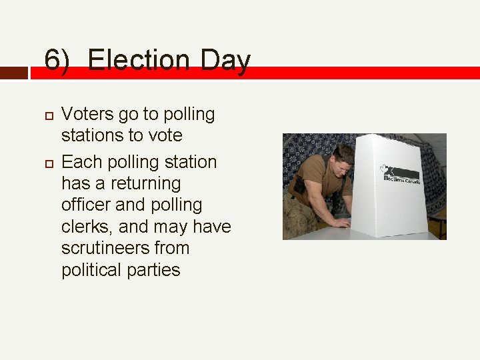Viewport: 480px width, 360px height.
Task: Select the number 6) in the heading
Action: click(x=57, y=61)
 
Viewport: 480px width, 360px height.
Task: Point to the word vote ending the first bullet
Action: click(x=165, y=135)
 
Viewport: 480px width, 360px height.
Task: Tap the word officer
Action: click(x=85, y=205)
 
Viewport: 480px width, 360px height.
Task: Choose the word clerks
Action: click(x=85, y=227)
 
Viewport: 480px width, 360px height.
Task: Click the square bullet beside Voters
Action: click(x=48, y=115)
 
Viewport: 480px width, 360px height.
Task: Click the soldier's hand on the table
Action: click(x=341, y=223)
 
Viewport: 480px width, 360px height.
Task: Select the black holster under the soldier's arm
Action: click(x=299, y=185)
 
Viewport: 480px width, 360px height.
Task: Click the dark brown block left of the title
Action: click(x=14, y=73)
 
